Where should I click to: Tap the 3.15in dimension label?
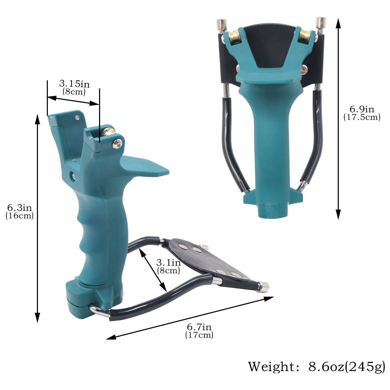pyautogui.click(x=74, y=84)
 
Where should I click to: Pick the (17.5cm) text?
pyautogui.click(x=362, y=117)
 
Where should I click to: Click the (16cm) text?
pyautogui.click(x=19, y=216)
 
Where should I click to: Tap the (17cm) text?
pyautogui.click(x=199, y=335)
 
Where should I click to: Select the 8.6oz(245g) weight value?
pyautogui.click(x=347, y=367)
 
